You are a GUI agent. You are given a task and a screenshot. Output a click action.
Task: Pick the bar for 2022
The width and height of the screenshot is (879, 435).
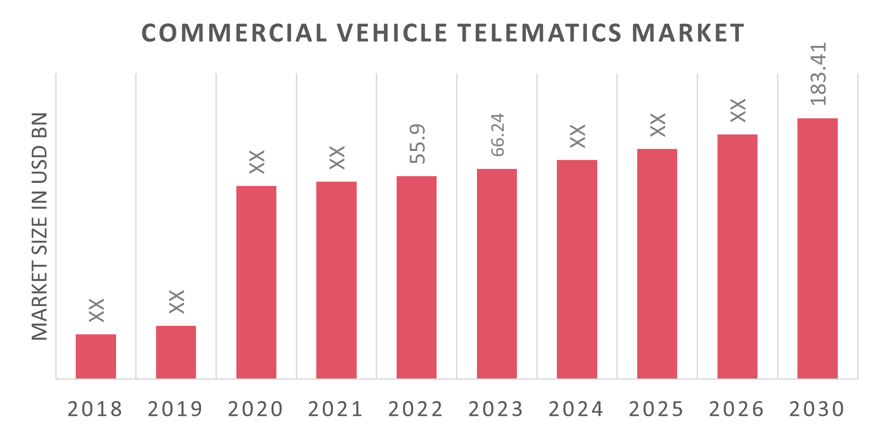click(417, 277)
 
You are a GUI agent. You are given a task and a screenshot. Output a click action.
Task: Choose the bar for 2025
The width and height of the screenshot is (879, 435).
click(657, 263)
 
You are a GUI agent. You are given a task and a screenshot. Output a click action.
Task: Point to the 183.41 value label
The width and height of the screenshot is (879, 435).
click(818, 74)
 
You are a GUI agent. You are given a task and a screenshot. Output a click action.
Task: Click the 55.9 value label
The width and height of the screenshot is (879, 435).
click(417, 144)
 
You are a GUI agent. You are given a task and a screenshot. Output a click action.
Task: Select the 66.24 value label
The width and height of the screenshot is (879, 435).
click(497, 134)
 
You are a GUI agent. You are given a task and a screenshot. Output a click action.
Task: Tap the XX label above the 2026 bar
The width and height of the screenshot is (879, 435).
click(738, 111)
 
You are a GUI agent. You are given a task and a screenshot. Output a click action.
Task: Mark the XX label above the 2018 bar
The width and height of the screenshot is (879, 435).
click(97, 310)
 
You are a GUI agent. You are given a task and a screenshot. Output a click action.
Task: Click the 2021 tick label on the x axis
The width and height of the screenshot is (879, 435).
click(336, 409)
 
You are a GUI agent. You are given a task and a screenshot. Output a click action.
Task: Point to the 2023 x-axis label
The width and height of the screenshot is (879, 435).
click(496, 409)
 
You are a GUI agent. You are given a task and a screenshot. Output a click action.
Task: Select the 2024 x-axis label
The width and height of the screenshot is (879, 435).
click(576, 409)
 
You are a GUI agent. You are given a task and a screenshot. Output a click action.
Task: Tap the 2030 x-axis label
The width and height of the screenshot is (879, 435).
click(817, 409)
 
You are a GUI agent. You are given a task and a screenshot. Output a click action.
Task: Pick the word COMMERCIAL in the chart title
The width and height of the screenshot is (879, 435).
click(234, 33)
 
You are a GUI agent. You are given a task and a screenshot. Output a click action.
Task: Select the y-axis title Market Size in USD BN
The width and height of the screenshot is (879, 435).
click(40, 226)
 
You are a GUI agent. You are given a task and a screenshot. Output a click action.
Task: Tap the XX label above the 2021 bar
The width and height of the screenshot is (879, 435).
click(337, 158)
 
